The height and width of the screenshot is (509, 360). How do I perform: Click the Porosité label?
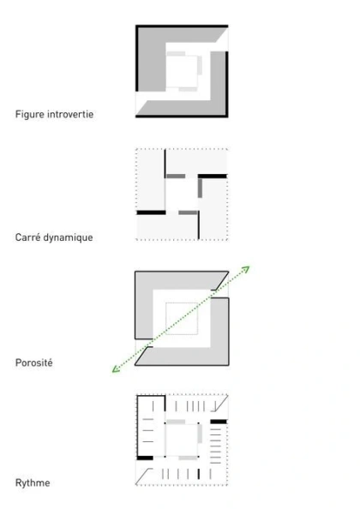pos(33,362)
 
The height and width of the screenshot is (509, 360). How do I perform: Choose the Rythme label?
pos(33,483)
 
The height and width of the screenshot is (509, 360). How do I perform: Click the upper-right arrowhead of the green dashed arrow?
pos(247,268)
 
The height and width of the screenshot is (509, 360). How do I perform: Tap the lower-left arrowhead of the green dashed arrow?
pos(115,369)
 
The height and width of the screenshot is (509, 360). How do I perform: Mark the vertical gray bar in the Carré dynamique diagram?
pos(200,188)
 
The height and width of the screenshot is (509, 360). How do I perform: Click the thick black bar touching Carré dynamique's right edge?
pos(213,177)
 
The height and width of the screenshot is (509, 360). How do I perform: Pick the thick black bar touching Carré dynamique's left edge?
pos(151,213)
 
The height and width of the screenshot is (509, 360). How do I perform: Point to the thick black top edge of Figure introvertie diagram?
pos(182,26)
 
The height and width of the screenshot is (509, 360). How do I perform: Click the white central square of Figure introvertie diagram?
pos(182,71)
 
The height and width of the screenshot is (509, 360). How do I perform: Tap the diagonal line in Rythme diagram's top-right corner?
pos(220,404)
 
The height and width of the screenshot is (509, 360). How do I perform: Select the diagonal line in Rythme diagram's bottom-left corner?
pos(144,476)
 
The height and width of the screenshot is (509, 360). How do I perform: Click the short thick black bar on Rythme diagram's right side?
pos(219,422)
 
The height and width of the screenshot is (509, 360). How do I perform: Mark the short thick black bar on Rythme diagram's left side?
pos(145,458)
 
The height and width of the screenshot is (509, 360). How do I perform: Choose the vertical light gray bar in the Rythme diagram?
pos(200,434)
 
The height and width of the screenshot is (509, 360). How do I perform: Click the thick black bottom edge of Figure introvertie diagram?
pos(182,116)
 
